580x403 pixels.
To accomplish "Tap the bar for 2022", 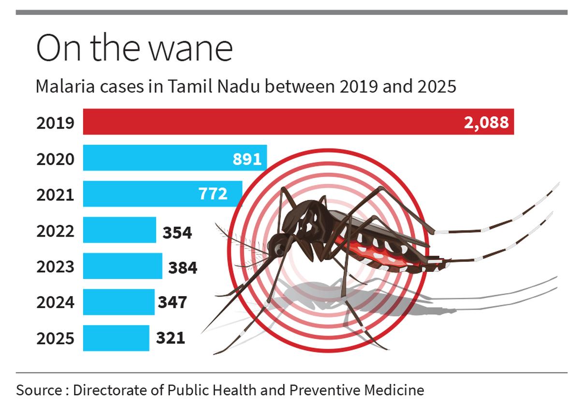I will pyautogui.click(x=119, y=230).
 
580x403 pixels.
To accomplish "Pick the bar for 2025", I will pyautogui.click(x=116, y=338).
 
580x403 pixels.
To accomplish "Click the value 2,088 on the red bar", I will pyautogui.click(x=486, y=122).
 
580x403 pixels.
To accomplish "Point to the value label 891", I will pyautogui.click(x=247, y=159).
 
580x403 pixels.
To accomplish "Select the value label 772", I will pyautogui.click(x=213, y=194).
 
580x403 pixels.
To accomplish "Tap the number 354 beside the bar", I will pyautogui.click(x=177, y=233).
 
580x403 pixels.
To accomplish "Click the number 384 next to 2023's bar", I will pyautogui.click(x=183, y=267).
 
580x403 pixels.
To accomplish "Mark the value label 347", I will pyautogui.click(x=173, y=302).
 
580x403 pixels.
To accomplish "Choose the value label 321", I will pyautogui.click(x=171, y=337).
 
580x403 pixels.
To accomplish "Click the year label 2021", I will pyautogui.click(x=56, y=195).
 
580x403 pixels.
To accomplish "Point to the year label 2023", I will pyautogui.click(x=56, y=267).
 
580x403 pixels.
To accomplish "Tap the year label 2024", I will pyautogui.click(x=56, y=302).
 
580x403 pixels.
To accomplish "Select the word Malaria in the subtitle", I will pyautogui.click(x=62, y=87).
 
